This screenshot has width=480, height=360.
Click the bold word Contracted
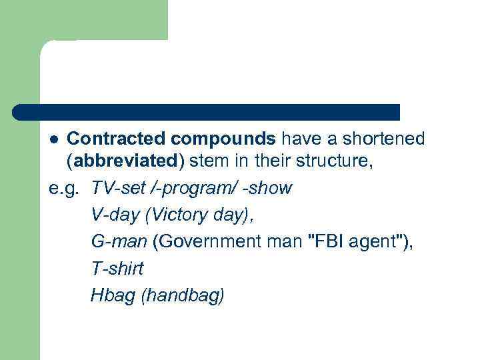(116, 139)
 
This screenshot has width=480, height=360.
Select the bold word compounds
(222, 139)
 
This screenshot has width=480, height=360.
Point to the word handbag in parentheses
(183, 296)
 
